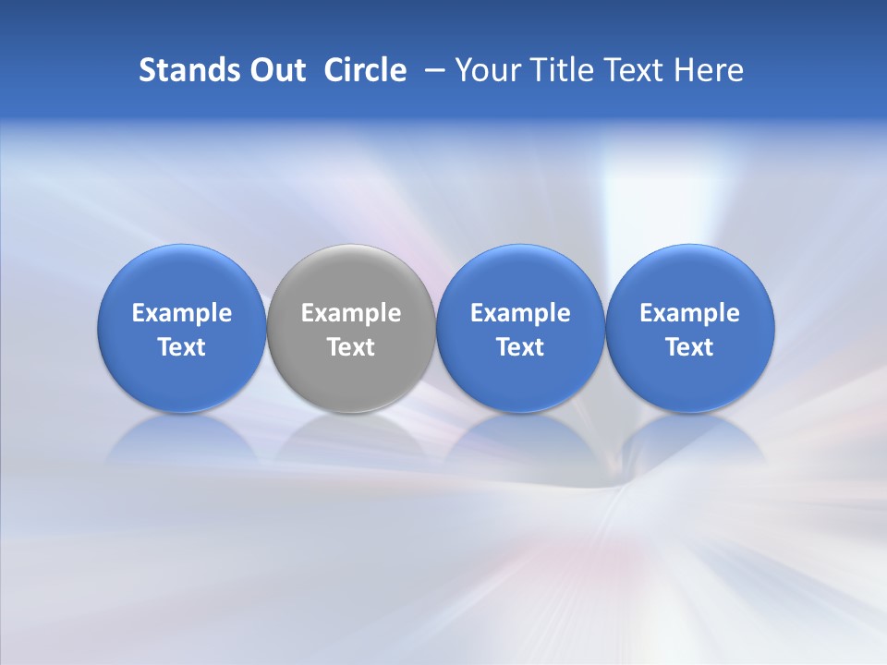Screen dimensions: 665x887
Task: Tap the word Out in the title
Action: (275, 70)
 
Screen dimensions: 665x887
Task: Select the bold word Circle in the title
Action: (365, 70)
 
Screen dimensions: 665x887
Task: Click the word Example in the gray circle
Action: (351, 313)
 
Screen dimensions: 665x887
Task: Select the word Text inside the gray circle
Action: (351, 347)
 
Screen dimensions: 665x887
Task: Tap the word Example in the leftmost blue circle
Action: (182, 313)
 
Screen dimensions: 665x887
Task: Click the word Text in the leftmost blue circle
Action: (182, 347)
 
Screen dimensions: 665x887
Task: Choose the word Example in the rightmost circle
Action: (689, 313)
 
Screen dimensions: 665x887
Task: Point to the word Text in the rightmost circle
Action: (689, 347)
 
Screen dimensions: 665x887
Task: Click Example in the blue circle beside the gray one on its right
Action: (520, 313)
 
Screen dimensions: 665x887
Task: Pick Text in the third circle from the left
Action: (520, 347)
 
